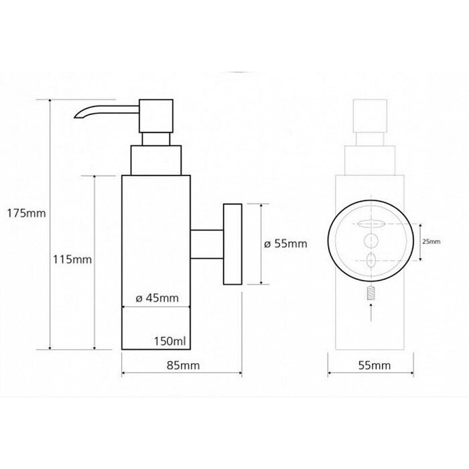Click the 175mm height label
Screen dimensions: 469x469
click(26, 214)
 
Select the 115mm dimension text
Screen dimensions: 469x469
click(72, 259)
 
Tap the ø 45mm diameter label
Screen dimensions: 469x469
click(157, 298)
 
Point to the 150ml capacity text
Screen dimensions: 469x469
click(170, 341)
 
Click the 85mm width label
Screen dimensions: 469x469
click(183, 365)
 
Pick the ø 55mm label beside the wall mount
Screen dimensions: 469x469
click(285, 244)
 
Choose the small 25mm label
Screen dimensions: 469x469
click(431, 242)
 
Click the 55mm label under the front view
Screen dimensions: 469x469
click(375, 365)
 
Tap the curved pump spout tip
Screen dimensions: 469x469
click(77, 116)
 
